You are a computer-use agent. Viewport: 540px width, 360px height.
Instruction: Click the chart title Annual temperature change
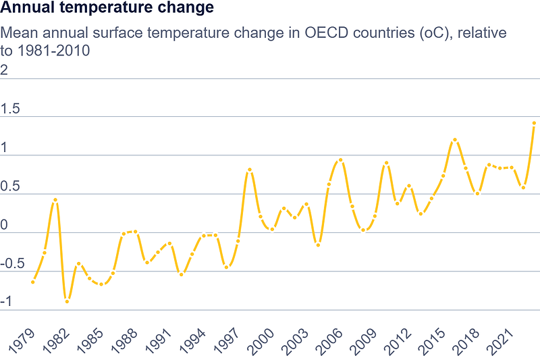pos(108,9)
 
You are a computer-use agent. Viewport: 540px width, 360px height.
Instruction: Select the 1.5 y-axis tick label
pos(11,109)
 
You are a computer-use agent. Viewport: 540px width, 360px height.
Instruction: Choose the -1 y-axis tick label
pos(7,302)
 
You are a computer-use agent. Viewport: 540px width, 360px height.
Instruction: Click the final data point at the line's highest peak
pos(534,124)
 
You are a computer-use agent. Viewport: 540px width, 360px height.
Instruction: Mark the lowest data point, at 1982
pos(67,301)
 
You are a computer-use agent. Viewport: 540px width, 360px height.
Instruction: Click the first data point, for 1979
pos(33,282)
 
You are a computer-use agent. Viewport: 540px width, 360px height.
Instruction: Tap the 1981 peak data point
pos(55,200)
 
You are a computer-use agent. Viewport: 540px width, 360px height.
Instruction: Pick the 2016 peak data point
pos(454,140)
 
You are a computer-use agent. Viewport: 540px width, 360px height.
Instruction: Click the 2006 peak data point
pos(340,160)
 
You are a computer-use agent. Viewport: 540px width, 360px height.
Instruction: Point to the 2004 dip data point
pos(318,245)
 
